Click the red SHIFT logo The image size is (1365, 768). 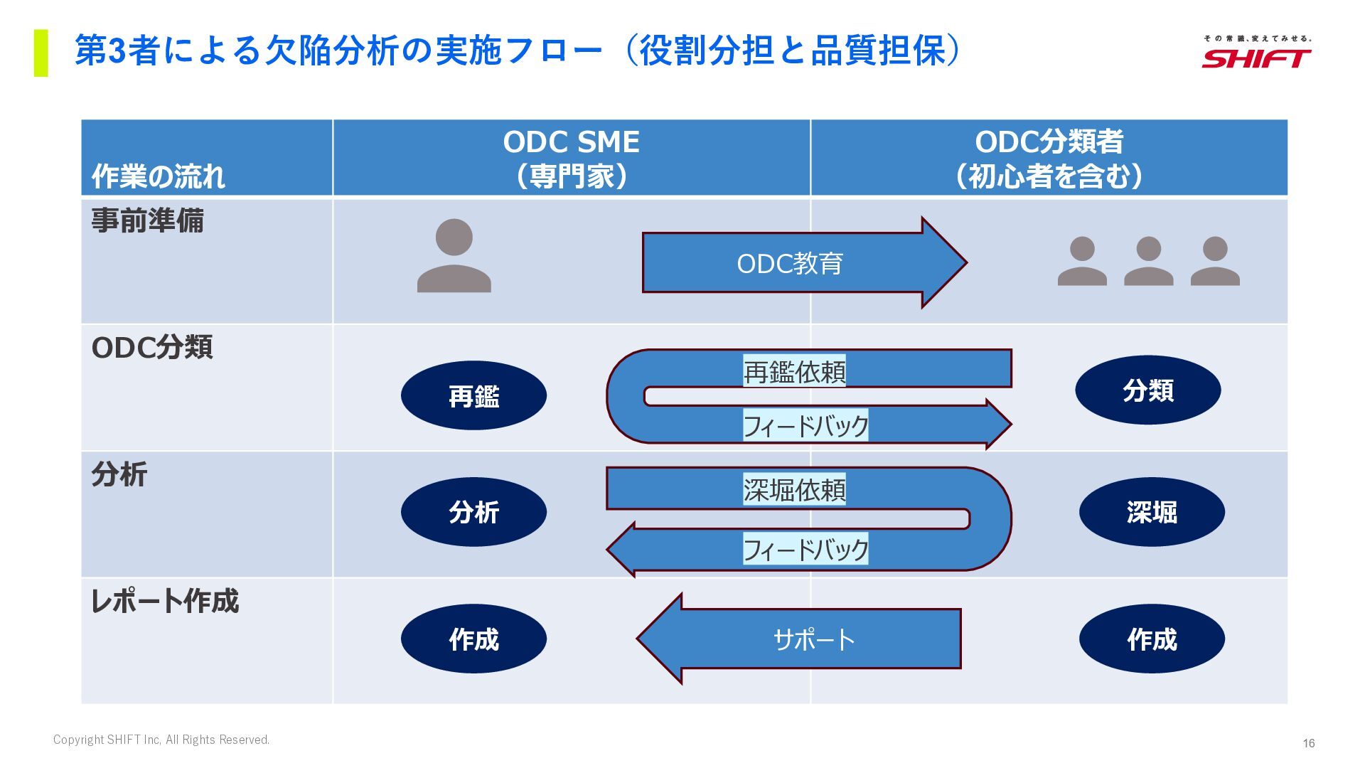pos(1256,57)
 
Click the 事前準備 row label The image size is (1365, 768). pos(147,220)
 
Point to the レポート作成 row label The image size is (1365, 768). pos(165,601)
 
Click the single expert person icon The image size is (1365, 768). pos(454,256)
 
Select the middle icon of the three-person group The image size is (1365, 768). pos(1148,261)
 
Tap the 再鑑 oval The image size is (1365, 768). pos(473,395)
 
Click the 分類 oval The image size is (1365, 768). pos(1147,390)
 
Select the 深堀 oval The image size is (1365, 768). pos(1152,512)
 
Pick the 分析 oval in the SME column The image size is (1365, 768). pos(473,512)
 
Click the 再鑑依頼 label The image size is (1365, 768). pos(794,371)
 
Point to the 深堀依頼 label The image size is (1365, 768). pos(794,490)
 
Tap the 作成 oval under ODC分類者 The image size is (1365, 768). pos(1152,639)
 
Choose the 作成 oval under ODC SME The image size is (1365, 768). pos(473,639)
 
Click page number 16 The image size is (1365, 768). pos(1308,743)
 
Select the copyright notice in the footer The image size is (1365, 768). pos(161,740)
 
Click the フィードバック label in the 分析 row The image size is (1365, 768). pos(805,549)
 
